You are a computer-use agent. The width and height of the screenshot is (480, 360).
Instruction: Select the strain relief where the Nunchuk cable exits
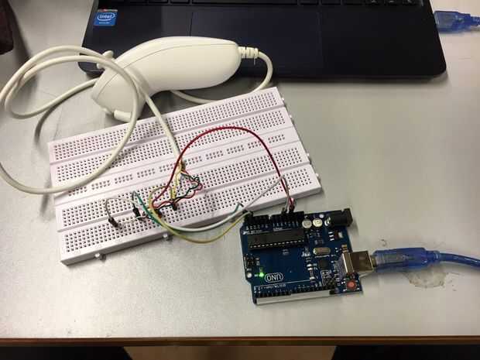[x=249, y=53]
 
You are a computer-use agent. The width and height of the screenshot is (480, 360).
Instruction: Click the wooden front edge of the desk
[x=240, y=341]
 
